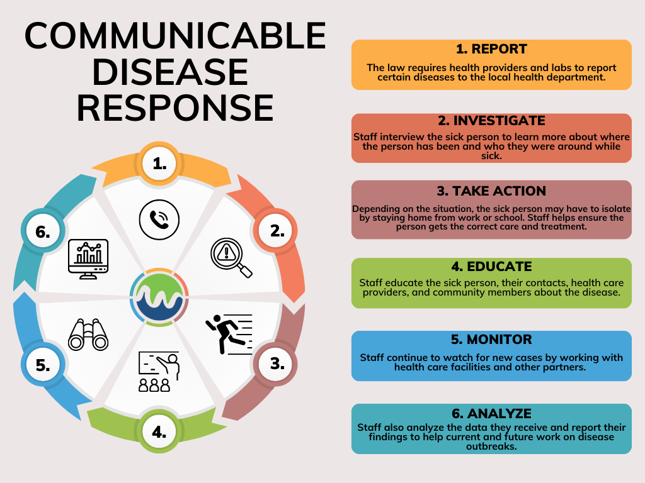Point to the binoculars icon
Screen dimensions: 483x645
(88, 334)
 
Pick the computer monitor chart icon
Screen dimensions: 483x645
(89, 257)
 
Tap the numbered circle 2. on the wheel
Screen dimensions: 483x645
(277, 231)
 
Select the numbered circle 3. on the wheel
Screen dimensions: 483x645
(276, 364)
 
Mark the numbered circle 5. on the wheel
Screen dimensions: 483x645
(43, 365)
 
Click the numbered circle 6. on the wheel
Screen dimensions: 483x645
(43, 232)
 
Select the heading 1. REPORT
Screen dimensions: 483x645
(491, 49)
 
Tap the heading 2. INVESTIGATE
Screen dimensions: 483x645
(491, 121)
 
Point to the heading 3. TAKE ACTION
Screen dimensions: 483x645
(491, 191)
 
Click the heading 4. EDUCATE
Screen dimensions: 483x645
(491, 267)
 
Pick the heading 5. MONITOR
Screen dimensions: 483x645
(491, 340)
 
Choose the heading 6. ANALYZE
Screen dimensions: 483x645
(491, 413)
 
